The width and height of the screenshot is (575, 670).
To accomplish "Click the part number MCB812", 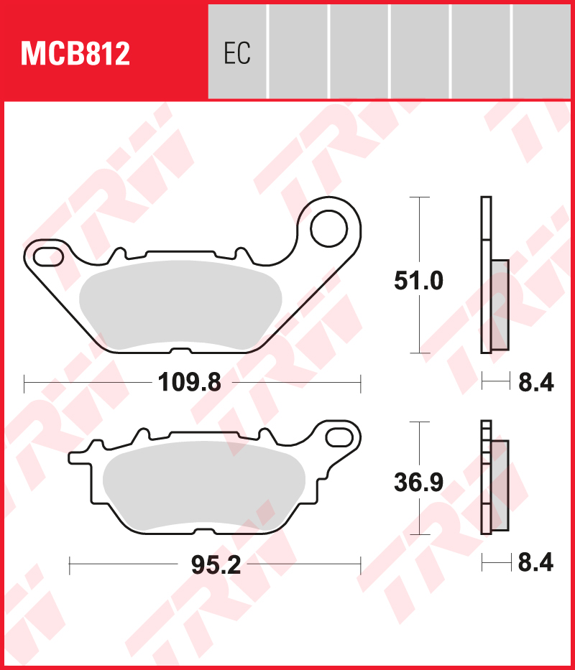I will point(75,54).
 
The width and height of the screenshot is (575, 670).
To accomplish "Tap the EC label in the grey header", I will point(236,54).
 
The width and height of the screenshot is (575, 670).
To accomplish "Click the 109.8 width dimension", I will point(189,383).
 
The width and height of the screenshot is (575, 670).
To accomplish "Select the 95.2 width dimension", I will point(216,565).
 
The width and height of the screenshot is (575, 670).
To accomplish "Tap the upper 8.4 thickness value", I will point(535,383).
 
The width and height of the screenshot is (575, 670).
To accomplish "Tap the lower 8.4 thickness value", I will point(535,564).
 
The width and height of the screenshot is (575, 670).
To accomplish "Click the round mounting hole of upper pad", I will point(328,229).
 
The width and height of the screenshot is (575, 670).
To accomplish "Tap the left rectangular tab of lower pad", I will point(79,456).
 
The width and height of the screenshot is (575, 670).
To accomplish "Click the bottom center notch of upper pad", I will point(181,351).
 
